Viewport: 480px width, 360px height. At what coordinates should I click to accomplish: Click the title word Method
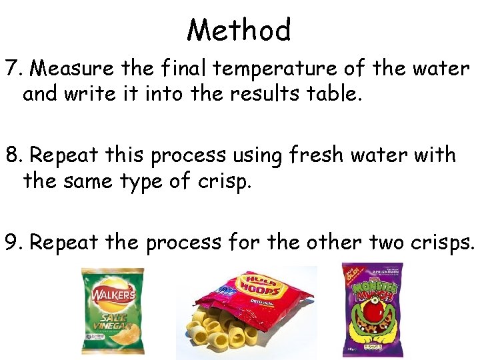[239, 30]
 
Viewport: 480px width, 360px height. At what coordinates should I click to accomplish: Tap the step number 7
[13, 69]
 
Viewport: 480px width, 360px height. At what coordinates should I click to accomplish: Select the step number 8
[13, 155]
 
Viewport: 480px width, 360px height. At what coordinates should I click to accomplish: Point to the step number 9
[13, 242]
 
